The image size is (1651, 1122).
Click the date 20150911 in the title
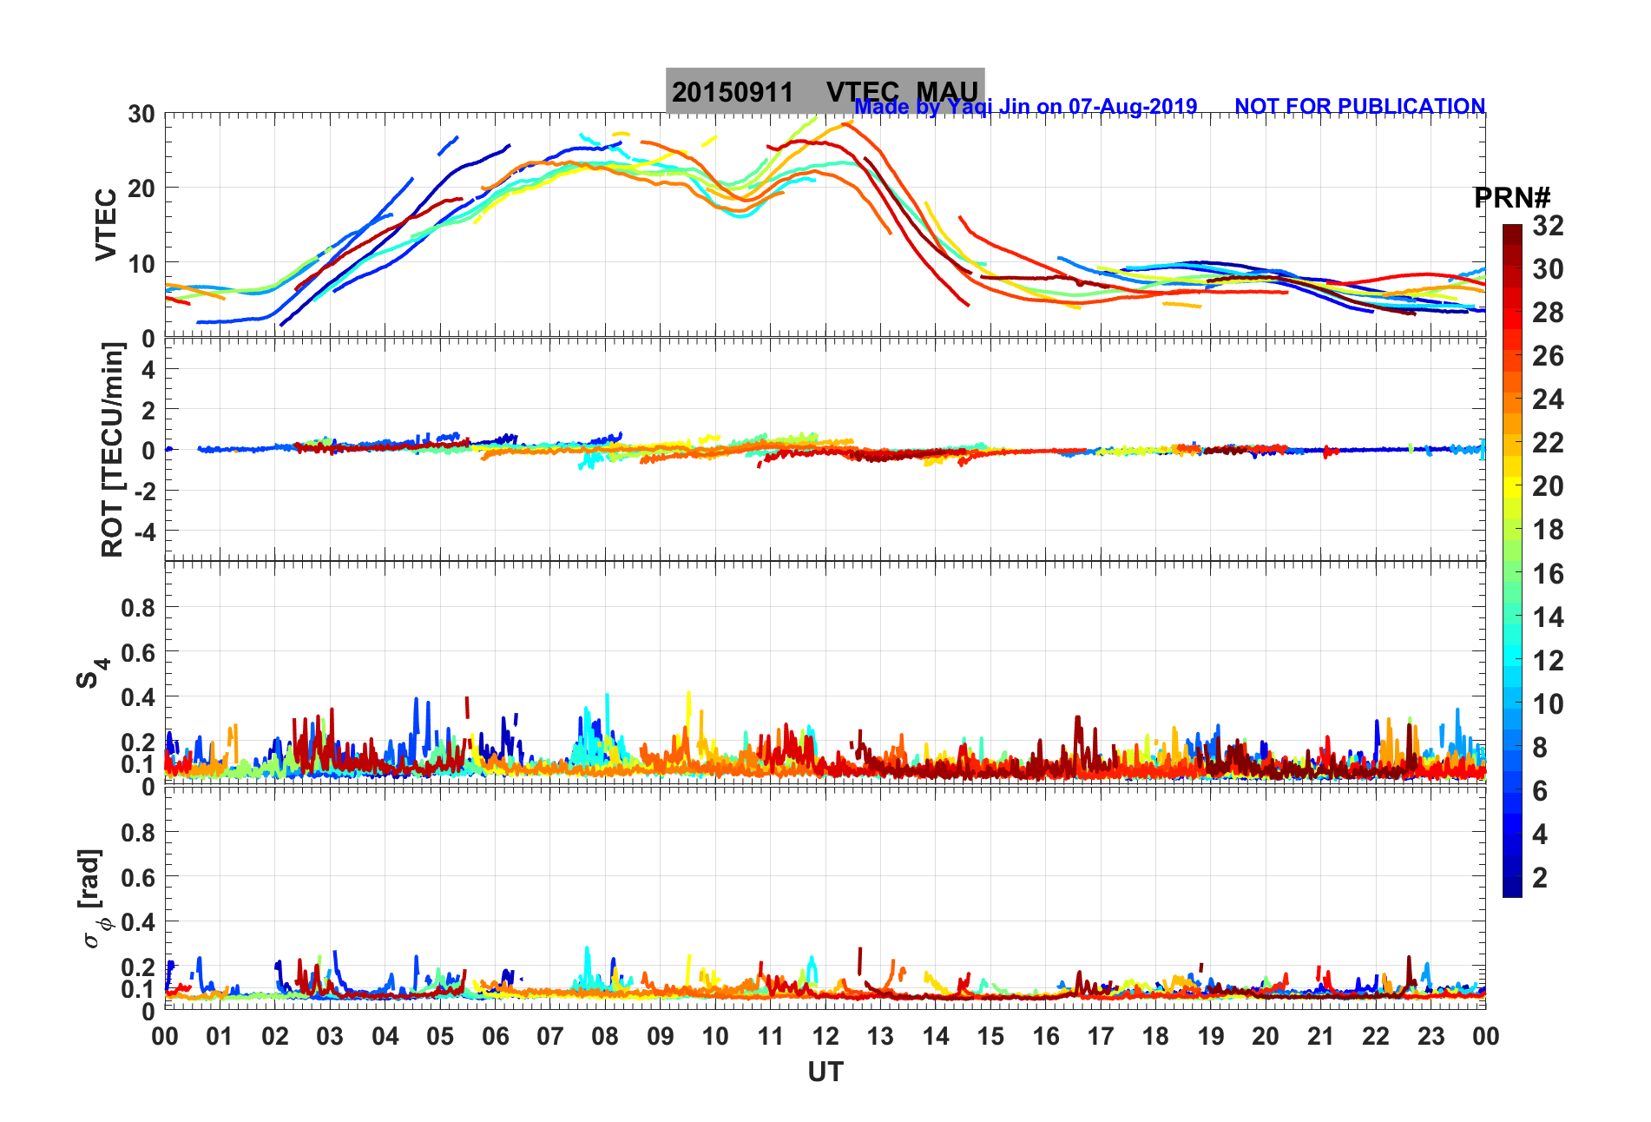point(733,92)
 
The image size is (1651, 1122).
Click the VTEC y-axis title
point(106,225)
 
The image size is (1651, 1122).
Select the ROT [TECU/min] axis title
point(113,449)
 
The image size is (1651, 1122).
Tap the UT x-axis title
point(825,1072)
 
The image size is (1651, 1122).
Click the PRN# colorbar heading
point(1512,198)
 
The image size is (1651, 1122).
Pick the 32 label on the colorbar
point(1548,226)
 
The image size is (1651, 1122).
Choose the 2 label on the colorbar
point(1540,877)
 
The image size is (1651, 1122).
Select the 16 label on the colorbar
point(1548,573)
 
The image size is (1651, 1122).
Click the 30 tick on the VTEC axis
point(141,114)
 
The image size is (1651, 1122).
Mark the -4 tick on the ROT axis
point(143,531)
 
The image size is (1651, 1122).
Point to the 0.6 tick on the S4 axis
point(138,652)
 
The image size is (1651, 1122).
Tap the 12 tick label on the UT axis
point(825,1036)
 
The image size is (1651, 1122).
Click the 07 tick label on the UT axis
point(550,1036)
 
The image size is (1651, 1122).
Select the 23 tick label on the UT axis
point(1431,1036)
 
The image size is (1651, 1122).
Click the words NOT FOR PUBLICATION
point(1359,107)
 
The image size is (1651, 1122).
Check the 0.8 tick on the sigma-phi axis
point(138,832)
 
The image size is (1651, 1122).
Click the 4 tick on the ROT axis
point(148,369)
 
